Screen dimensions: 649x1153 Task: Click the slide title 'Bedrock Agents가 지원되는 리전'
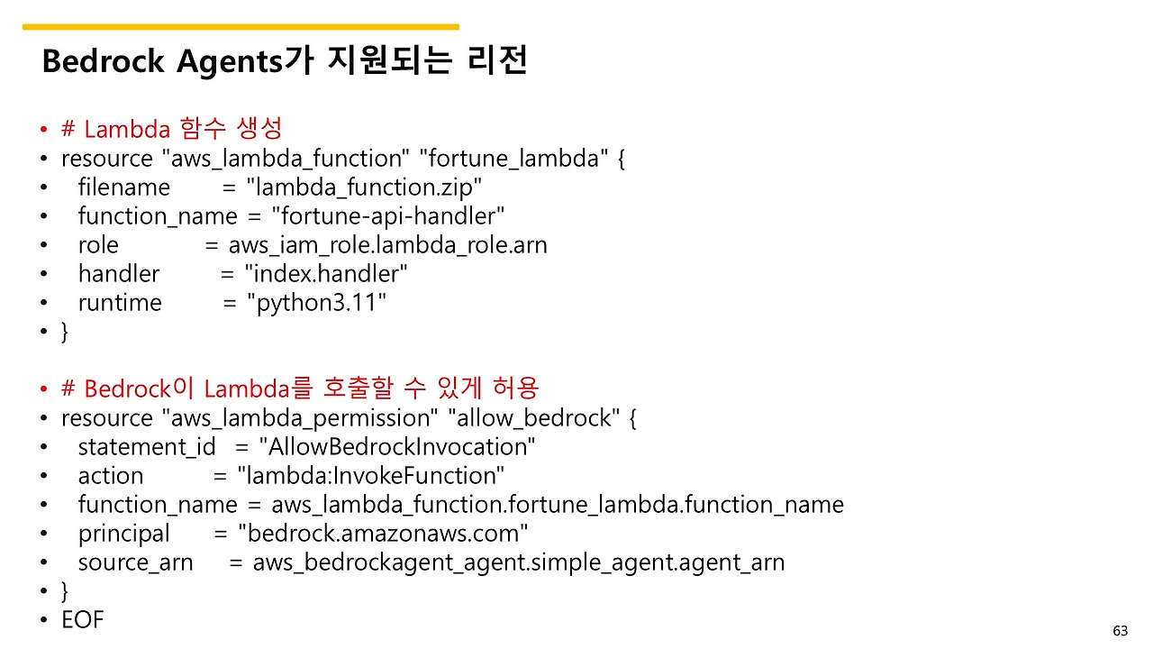point(284,61)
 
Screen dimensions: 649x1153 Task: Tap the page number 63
point(1121,630)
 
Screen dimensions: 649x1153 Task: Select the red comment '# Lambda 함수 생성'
point(171,129)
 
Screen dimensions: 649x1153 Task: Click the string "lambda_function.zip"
point(365,187)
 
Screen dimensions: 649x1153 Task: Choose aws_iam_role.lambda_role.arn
point(387,245)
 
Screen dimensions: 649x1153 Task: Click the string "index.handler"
point(327,274)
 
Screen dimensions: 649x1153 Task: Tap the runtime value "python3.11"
point(317,303)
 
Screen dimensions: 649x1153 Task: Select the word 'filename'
point(123,187)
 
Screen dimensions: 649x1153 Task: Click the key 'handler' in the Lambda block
point(118,274)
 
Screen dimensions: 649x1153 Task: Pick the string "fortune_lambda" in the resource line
point(513,159)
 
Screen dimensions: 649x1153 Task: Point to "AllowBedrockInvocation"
point(397,447)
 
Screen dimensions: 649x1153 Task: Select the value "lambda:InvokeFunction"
point(371,476)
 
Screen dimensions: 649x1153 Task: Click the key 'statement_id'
point(147,447)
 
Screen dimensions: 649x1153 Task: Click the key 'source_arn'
point(135,562)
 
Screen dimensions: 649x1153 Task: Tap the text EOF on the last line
point(83,620)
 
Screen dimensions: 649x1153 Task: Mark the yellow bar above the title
point(241,27)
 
